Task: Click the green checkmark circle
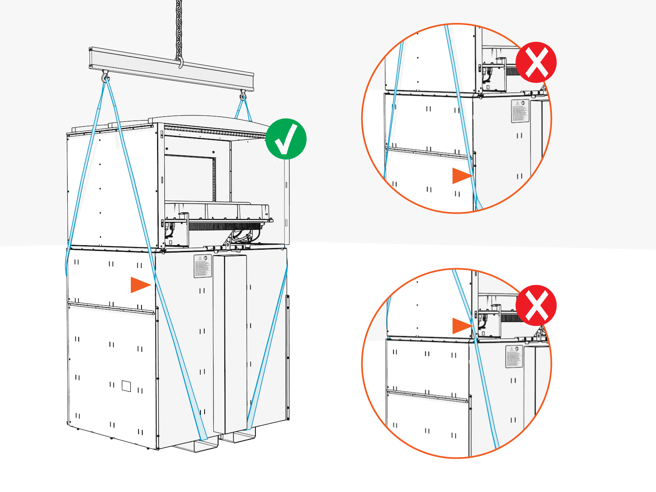[x=286, y=139]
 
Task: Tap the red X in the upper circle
[x=536, y=62]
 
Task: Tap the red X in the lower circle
[x=536, y=305]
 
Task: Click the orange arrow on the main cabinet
[x=140, y=285]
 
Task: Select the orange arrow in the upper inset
[x=461, y=176]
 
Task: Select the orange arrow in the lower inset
[x=461, y=326]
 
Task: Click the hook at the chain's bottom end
[x=180, y=63]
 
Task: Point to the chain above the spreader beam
[x=179, y=25]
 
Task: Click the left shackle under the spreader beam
[x=105, y=77]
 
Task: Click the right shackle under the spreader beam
[x=243, y=97]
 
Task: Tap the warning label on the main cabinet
[x=203, y=266]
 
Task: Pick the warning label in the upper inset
[x=520, y=111]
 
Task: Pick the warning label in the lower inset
[x=514, y=356]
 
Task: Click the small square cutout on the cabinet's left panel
[x=126, y=386]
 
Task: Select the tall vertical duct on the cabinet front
[x=230, y=344]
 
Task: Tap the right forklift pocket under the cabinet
[x=239, y=436]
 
